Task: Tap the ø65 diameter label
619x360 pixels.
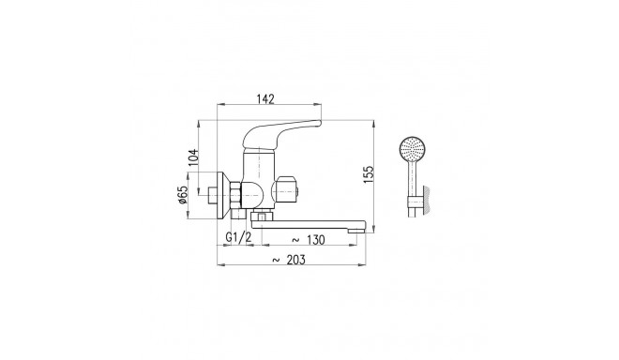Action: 186,198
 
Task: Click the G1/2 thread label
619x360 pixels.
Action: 239,239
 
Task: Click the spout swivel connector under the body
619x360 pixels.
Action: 262,217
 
